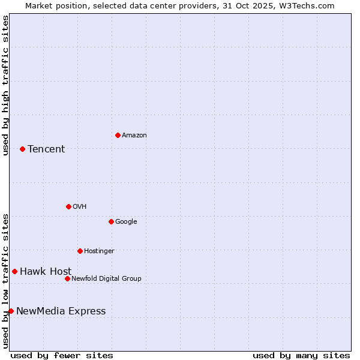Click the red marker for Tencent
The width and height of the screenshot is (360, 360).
coord(22,149)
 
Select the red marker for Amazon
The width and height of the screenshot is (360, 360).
coord(118,135)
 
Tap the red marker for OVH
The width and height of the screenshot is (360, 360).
coord(68,206)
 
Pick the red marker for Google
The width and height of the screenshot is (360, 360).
coord(111,221)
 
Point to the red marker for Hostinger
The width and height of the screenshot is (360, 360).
coord(80,251)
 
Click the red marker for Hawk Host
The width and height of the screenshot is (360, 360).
coord(14,271)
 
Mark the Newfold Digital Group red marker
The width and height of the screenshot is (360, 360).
coord(67,278)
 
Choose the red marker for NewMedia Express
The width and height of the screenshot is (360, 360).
coord(11,311)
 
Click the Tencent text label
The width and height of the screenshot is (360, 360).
coord(46,149)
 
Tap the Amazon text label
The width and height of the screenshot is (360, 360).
coord(134,136)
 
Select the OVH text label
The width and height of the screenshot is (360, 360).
coord(80,207)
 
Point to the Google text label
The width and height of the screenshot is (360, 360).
coord(126,222)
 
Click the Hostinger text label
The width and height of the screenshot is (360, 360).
coord(99,251)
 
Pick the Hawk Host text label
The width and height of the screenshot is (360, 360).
coord(46,272)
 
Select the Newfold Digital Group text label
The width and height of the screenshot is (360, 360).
coord(106,279)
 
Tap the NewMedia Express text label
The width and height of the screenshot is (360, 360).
coord(61,311)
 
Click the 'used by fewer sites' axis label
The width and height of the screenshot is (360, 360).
coord(62,355)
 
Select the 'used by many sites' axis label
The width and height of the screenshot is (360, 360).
coord(301,355)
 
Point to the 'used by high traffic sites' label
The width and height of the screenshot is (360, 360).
coord(6,85)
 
